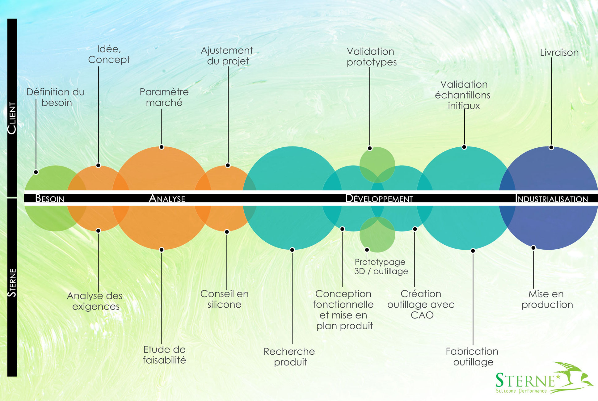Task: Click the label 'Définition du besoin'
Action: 56,97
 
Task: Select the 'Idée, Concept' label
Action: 109,54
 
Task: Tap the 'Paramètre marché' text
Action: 164,97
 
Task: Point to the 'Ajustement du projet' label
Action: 227,56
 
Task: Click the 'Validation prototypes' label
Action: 371,57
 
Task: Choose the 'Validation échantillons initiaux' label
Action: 463,95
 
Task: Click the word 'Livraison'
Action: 559,53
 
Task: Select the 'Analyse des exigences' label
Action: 95,301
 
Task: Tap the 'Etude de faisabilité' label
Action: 164,355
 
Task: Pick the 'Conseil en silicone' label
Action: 225,299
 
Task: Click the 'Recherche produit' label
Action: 289,357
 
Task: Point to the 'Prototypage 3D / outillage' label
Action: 381,266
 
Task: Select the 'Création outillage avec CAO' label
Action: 421,304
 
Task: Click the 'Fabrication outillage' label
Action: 472,357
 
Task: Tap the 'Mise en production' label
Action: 547,299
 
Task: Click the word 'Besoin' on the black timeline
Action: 50,198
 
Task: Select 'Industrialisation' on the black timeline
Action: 552,199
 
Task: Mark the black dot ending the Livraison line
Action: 551,148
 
